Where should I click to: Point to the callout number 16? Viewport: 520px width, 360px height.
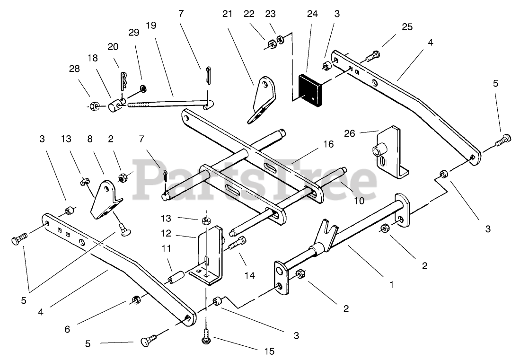click(315, 144)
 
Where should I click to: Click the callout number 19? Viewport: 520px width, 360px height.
click(151, 25)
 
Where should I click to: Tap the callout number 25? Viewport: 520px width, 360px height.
click(406, 27)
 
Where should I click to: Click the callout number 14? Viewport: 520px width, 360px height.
click(250, 275)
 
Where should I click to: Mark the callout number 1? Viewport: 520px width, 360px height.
click(391, 285)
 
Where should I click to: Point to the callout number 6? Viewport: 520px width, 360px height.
click(67, 329)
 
